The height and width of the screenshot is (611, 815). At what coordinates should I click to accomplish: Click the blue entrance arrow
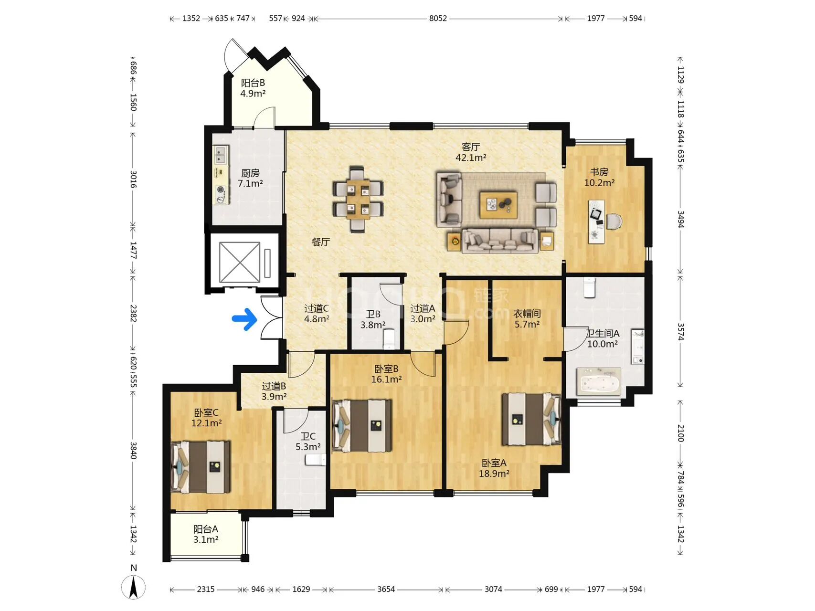pos(244,319)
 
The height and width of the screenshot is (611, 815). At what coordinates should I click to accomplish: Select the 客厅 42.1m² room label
pos(471,152)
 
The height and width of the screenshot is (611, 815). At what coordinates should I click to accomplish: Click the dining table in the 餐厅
pos(358,199)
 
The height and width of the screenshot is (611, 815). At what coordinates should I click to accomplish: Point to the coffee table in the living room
pos(498,205)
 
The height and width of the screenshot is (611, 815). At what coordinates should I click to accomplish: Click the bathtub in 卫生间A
pos(599,381)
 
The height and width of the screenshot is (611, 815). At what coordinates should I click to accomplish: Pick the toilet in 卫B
pos(390,338)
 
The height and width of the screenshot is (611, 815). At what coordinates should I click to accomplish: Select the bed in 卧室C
pos(201,467)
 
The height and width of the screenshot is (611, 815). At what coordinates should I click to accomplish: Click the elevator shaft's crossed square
pos(240,262)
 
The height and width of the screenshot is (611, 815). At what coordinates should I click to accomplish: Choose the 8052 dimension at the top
pos(438,19)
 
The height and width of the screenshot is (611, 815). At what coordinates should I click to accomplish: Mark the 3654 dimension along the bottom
pos(386,589)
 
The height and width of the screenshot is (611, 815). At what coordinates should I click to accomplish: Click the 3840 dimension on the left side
pos(133,450)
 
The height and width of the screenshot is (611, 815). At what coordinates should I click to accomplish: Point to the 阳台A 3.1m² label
pos(206,534)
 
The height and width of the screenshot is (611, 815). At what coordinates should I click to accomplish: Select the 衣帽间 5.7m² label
pos(527,319)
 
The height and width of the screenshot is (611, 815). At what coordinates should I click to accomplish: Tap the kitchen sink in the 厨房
pos(220,155)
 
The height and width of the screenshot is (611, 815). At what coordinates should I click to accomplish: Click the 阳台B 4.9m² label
pos(253,88)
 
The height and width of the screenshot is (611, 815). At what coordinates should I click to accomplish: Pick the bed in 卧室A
pos(531,419)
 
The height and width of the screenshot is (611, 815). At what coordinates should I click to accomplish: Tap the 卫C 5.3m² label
pos(308,442)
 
